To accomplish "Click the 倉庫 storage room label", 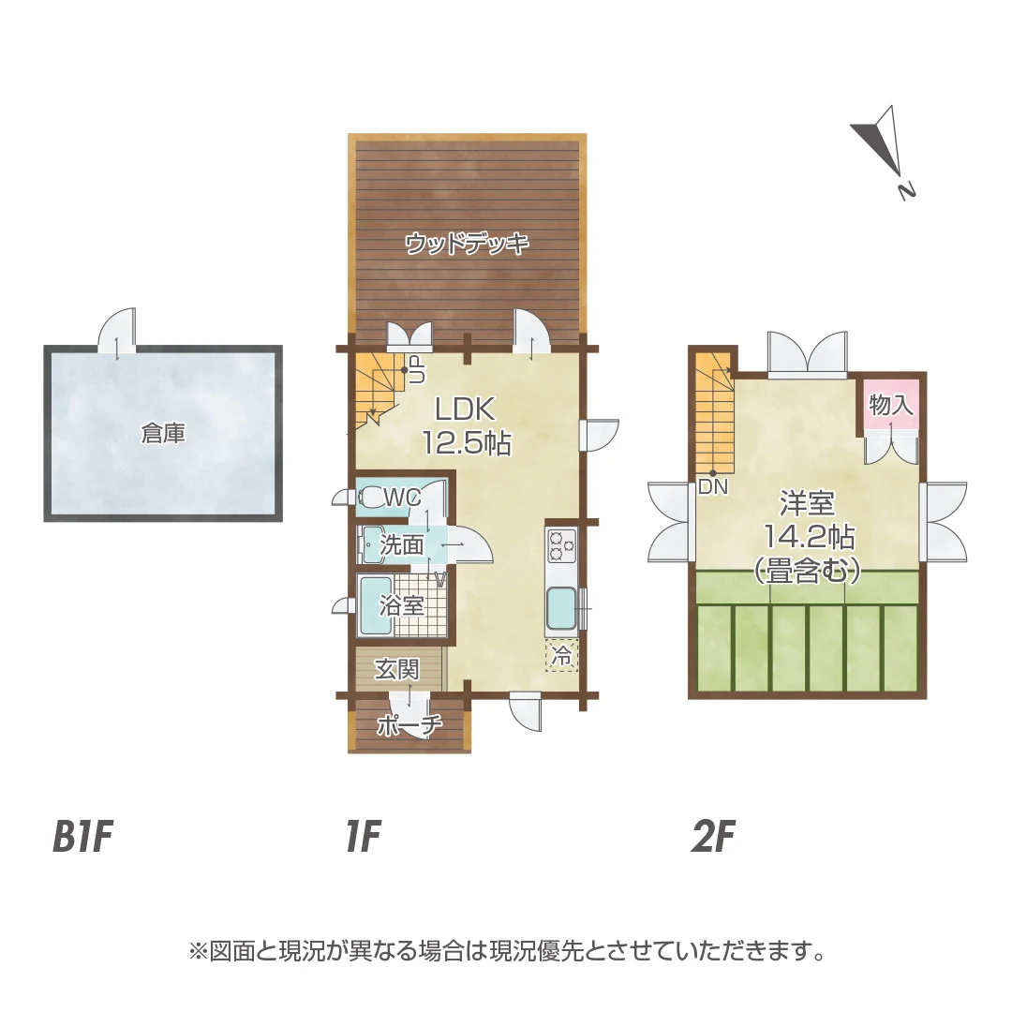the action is tap(163, 434).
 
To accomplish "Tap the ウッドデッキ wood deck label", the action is tap(468, 244).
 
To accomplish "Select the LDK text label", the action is tap(466, 409).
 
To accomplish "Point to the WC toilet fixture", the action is tap(372, 498).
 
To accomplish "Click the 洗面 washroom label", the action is tap(401, 545).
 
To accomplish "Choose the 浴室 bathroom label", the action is tap(401, 606).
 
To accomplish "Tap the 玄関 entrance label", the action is tap(397, 670).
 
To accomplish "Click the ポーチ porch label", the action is tap(409, 725).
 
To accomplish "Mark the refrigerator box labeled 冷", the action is tap(562, 656).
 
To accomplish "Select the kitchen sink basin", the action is tap(562, 609).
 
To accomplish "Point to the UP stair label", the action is tap(416, 370).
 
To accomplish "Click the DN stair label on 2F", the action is tap(713, 487).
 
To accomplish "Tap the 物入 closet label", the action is tap(891, 405).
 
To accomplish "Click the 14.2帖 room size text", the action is tap(810, 536).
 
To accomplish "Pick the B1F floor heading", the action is tap(83, 837).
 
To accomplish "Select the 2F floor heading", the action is tap(713, 837).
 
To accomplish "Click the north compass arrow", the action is tap(880, 141).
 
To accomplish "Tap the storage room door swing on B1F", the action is tap(117, 330).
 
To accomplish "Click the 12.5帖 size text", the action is tap(467, 442).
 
